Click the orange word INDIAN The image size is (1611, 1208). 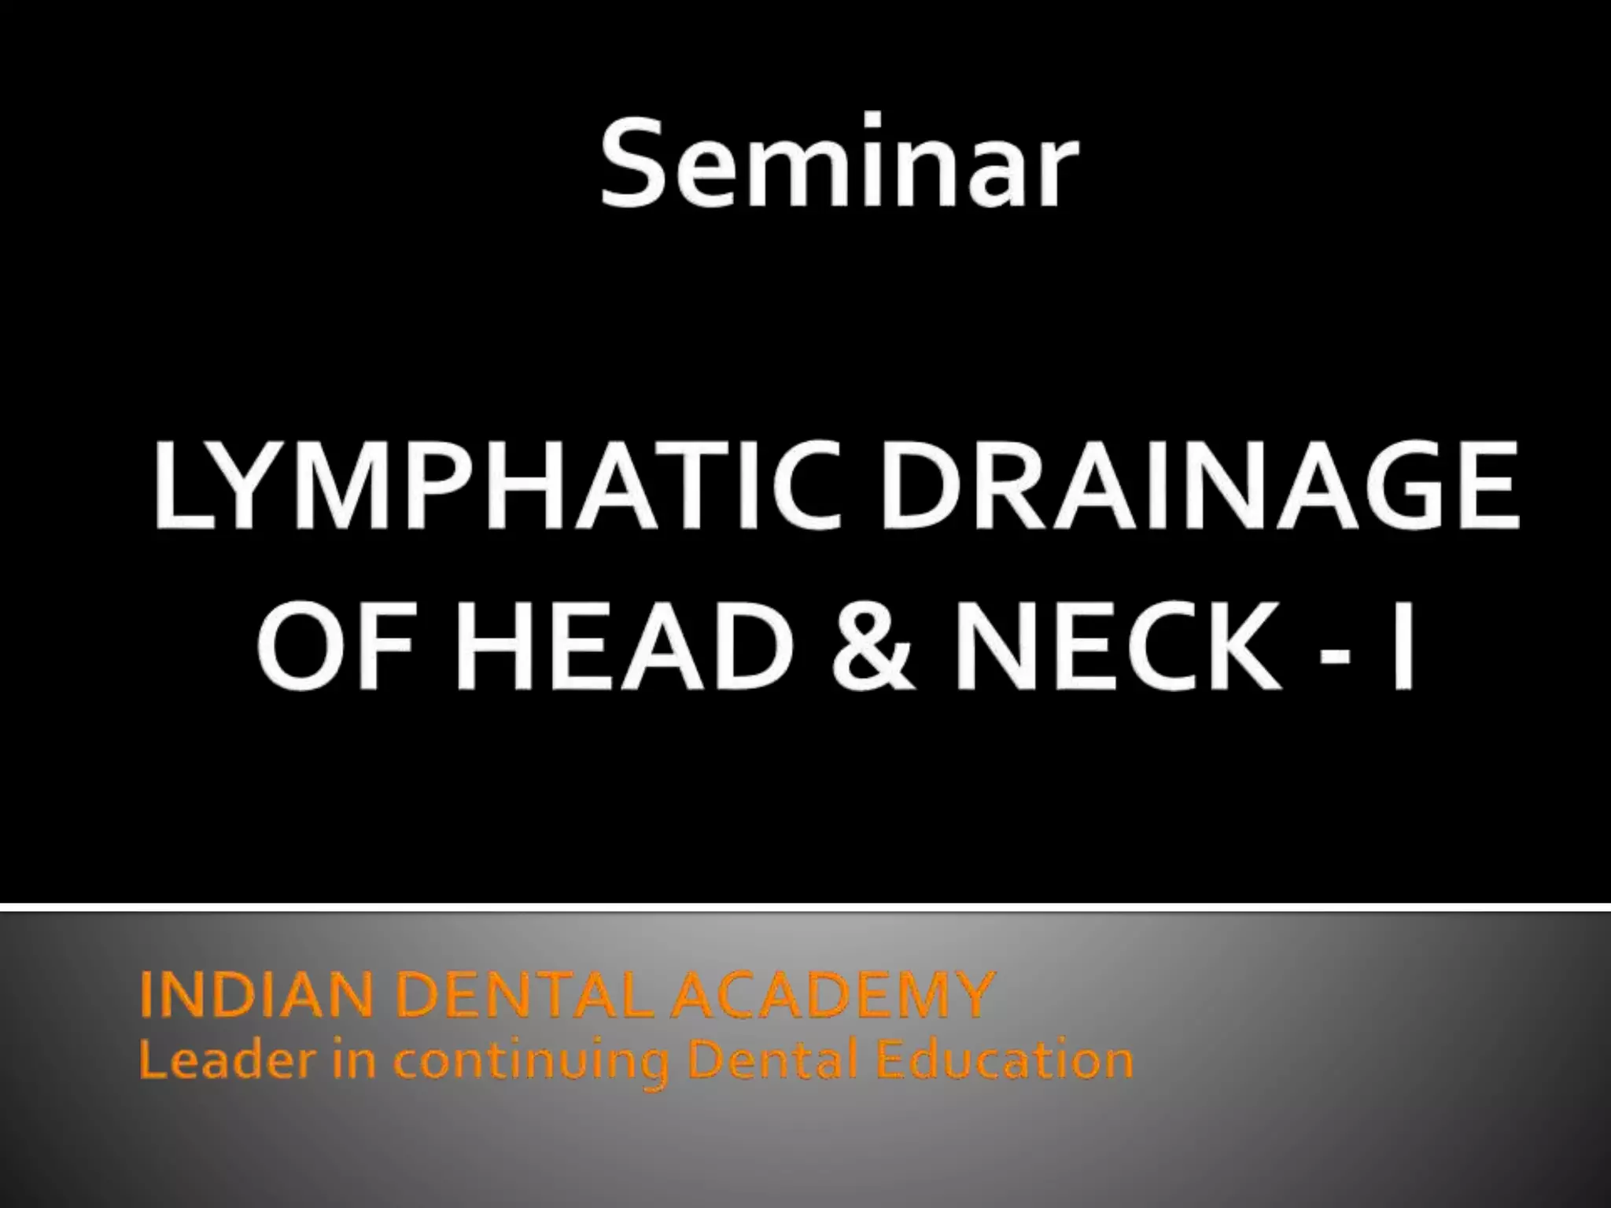click(256, 995)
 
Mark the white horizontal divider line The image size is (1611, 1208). click(805, 908)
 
